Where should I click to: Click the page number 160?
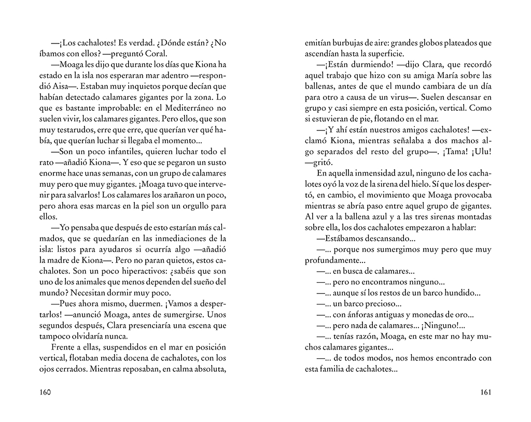(45, 391)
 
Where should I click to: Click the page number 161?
(485, 391)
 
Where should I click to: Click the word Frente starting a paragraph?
(64, 347)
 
